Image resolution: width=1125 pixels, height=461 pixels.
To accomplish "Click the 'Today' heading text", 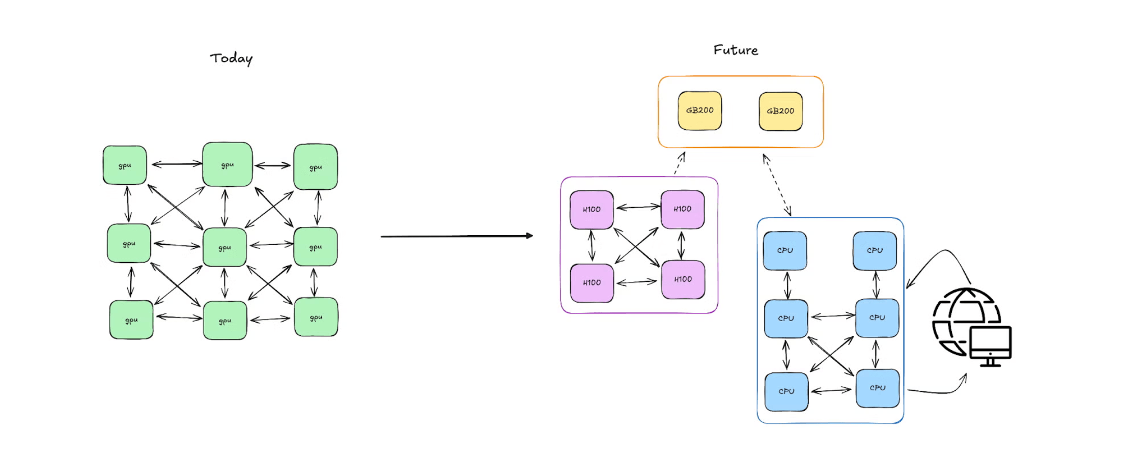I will (x=231, y=59).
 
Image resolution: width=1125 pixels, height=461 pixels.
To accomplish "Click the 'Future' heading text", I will (x=736, y=50).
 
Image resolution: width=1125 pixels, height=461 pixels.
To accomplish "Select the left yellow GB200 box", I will (x=699, y=110).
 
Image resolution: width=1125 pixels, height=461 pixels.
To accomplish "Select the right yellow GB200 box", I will (x=780, y=111).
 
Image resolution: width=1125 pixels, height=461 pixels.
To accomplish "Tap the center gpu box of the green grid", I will (x=224, y=247).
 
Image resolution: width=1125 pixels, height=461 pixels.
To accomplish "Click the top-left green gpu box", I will (x=125, y=165).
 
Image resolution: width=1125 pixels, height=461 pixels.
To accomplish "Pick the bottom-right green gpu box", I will (x=316, y=318).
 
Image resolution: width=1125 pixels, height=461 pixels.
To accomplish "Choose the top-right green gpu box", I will (x=316, y=167).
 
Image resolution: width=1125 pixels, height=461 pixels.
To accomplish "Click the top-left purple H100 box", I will (x=592, y=210).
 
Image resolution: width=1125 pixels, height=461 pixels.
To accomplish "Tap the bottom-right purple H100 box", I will (x=683, y=279).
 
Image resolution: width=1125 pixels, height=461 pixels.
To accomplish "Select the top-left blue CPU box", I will (x=785, y=250).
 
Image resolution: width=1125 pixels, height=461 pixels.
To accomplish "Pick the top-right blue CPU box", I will (x=875, y=250).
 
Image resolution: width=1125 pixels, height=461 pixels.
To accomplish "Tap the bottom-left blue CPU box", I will (x=786, y=391).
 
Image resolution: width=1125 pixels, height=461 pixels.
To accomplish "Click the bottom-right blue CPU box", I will (x=878, y=388).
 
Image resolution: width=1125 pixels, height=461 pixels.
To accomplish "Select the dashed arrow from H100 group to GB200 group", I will (x=680, y=164).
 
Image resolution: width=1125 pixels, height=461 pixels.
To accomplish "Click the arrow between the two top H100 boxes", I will (x=638, y=207).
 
